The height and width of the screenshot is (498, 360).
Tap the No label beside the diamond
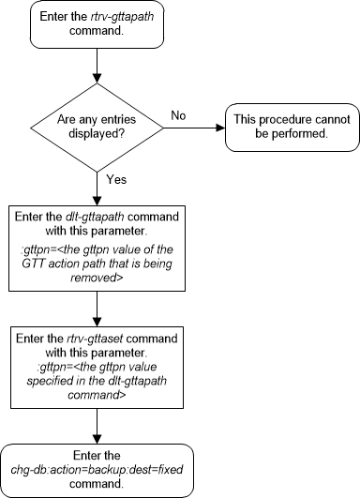click(x=177, y=114)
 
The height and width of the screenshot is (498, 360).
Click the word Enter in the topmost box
click(x=63, y=21)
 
